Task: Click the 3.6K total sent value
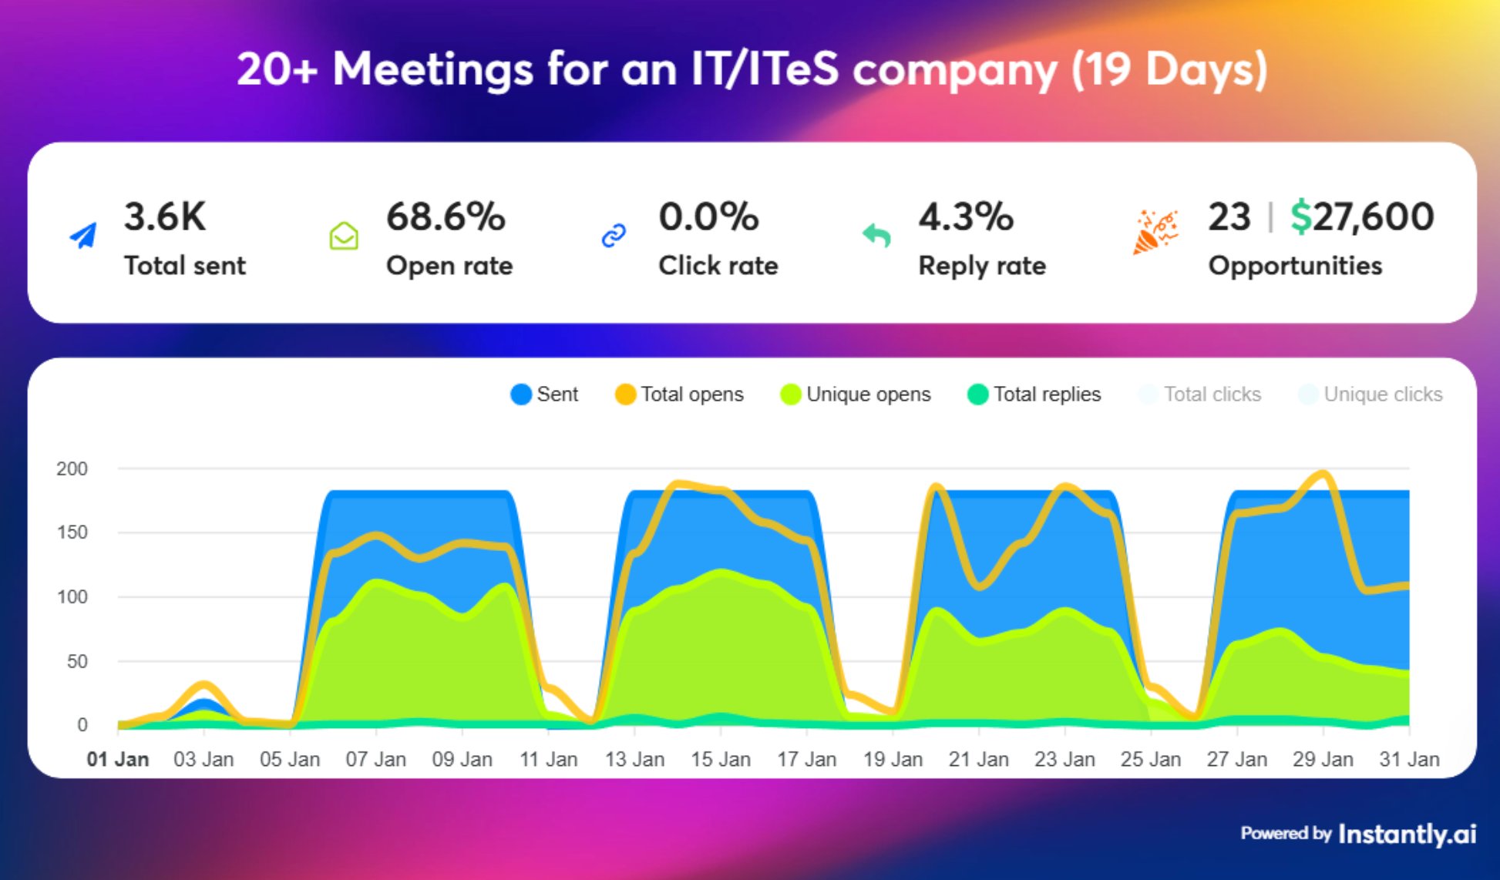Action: click(x=165, y=217)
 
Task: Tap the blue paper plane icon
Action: click(x=83, y=235)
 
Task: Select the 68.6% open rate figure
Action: click(x=446, y=217)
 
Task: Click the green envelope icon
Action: click(x=344, y=236)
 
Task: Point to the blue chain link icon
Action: click(x=614, y=235)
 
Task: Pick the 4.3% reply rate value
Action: click(x=966, y=217)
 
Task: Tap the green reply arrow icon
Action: click(x=876, y=235)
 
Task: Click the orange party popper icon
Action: click(x=1155, y=231)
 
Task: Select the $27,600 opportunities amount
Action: click(x=1362, y=217)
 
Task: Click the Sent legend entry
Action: click(x=544, y=395)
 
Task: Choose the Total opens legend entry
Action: click(x=679, y=395)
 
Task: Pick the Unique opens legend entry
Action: click(x=856, y=395)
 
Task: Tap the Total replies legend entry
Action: click(x=1034, y=395)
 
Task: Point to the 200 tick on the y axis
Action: click(x=72, y=469)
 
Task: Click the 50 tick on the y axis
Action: click(x=77, y=661)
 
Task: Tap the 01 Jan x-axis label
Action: click(x=117, y=759)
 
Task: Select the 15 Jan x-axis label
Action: click(x=720, y=759)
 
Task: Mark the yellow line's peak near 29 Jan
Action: click(x=1323, y=473)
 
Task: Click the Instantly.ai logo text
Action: click(x=1407, y=834)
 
